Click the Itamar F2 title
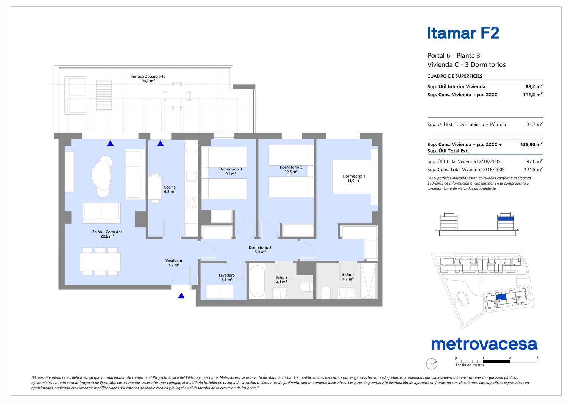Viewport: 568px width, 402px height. coord(463,33)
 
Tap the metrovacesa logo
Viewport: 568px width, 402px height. coord(484,344)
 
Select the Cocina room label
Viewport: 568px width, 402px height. coord(170,189)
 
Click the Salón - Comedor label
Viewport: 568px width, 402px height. coord(107,234)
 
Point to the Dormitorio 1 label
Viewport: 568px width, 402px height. coord(354,178)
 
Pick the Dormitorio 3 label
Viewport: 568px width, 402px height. coord(231,172)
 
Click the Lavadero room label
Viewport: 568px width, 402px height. coord(227,277)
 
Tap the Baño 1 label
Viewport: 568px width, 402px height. coord(348,277)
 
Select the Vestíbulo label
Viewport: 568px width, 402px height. coord(173,263)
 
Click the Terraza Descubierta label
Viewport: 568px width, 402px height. coord(148,78)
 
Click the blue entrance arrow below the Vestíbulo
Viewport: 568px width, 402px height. coord(181,296)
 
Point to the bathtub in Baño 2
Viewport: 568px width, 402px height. coord(257,281)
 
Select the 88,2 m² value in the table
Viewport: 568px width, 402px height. coord(534,86)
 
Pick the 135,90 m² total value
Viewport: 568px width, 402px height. coord(531,144)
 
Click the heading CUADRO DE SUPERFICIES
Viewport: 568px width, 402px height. coord(455,76)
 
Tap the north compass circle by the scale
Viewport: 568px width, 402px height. coord(432,364)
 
